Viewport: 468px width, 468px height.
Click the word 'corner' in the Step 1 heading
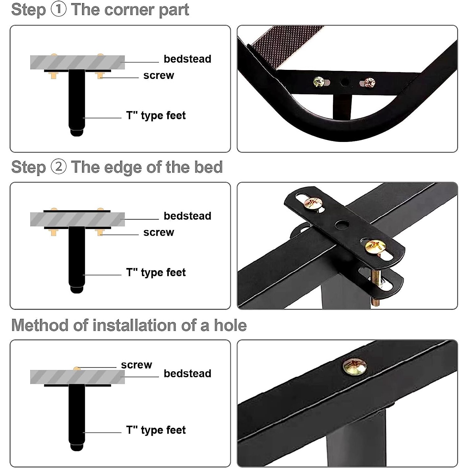click(x=130, y=10)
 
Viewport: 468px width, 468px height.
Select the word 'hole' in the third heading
click(x=230, y=325)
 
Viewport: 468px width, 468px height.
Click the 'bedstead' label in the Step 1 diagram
click(x=188, y=59)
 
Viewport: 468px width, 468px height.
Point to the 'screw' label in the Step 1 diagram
click(x=158, y=76)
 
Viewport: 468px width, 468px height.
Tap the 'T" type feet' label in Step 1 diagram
click(x=156, y=115)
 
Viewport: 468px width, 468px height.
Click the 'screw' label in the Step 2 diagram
click(x=158, y=232)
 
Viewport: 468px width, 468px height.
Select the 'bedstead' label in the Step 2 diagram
click(x=188, y=216)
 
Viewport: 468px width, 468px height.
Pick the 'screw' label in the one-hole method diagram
click(x=136, y=365)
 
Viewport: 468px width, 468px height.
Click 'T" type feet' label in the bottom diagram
click(x=156, y=430)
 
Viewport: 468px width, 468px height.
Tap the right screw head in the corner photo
click(x=370, y=83)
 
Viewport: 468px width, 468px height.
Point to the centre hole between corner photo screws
click(x=344, y=82)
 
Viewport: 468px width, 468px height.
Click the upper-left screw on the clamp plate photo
click(x=314, y=203)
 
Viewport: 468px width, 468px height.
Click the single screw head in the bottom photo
click(x=355, y=367)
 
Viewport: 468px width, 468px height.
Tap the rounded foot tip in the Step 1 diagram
click(x=77, y=132)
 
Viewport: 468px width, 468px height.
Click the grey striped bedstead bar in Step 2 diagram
click(x=77, y=219)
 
